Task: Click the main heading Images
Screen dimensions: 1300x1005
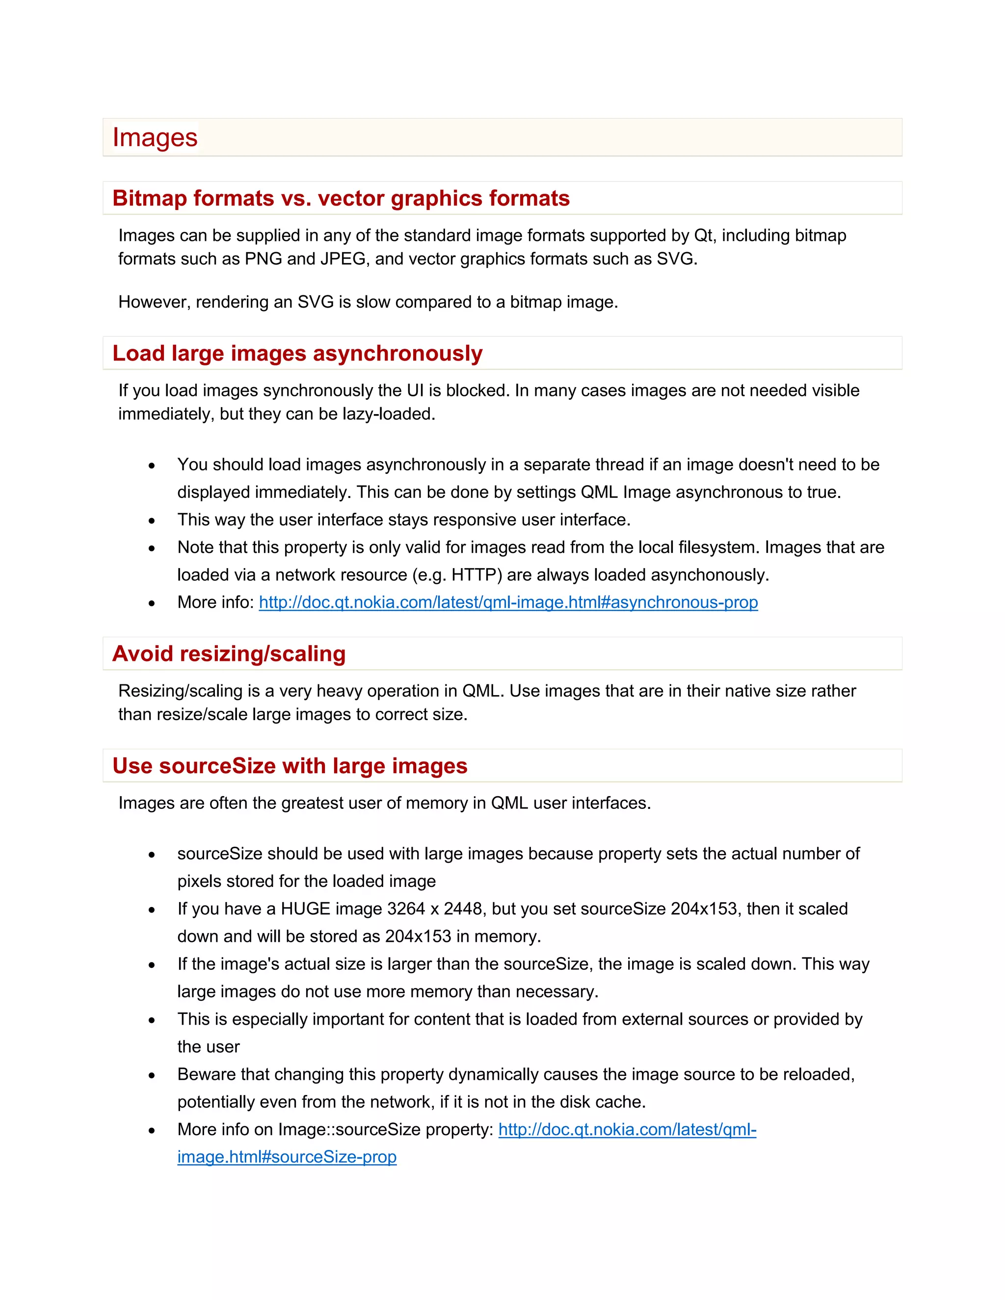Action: point(155,137)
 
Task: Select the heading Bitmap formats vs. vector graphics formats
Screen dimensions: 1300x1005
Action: point(341,198)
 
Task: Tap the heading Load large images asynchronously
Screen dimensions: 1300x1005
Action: point(297,353)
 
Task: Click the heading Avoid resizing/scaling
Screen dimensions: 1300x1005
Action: point(229,653)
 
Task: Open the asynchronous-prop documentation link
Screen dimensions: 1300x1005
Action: point(508,602)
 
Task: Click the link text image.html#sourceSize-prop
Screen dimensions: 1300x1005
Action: point(287,1157)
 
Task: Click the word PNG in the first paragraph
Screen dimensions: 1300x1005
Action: point(263,259)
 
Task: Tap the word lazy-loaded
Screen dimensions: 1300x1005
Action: point(388,414)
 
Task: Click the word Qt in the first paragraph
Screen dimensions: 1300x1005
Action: point(703,235)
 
